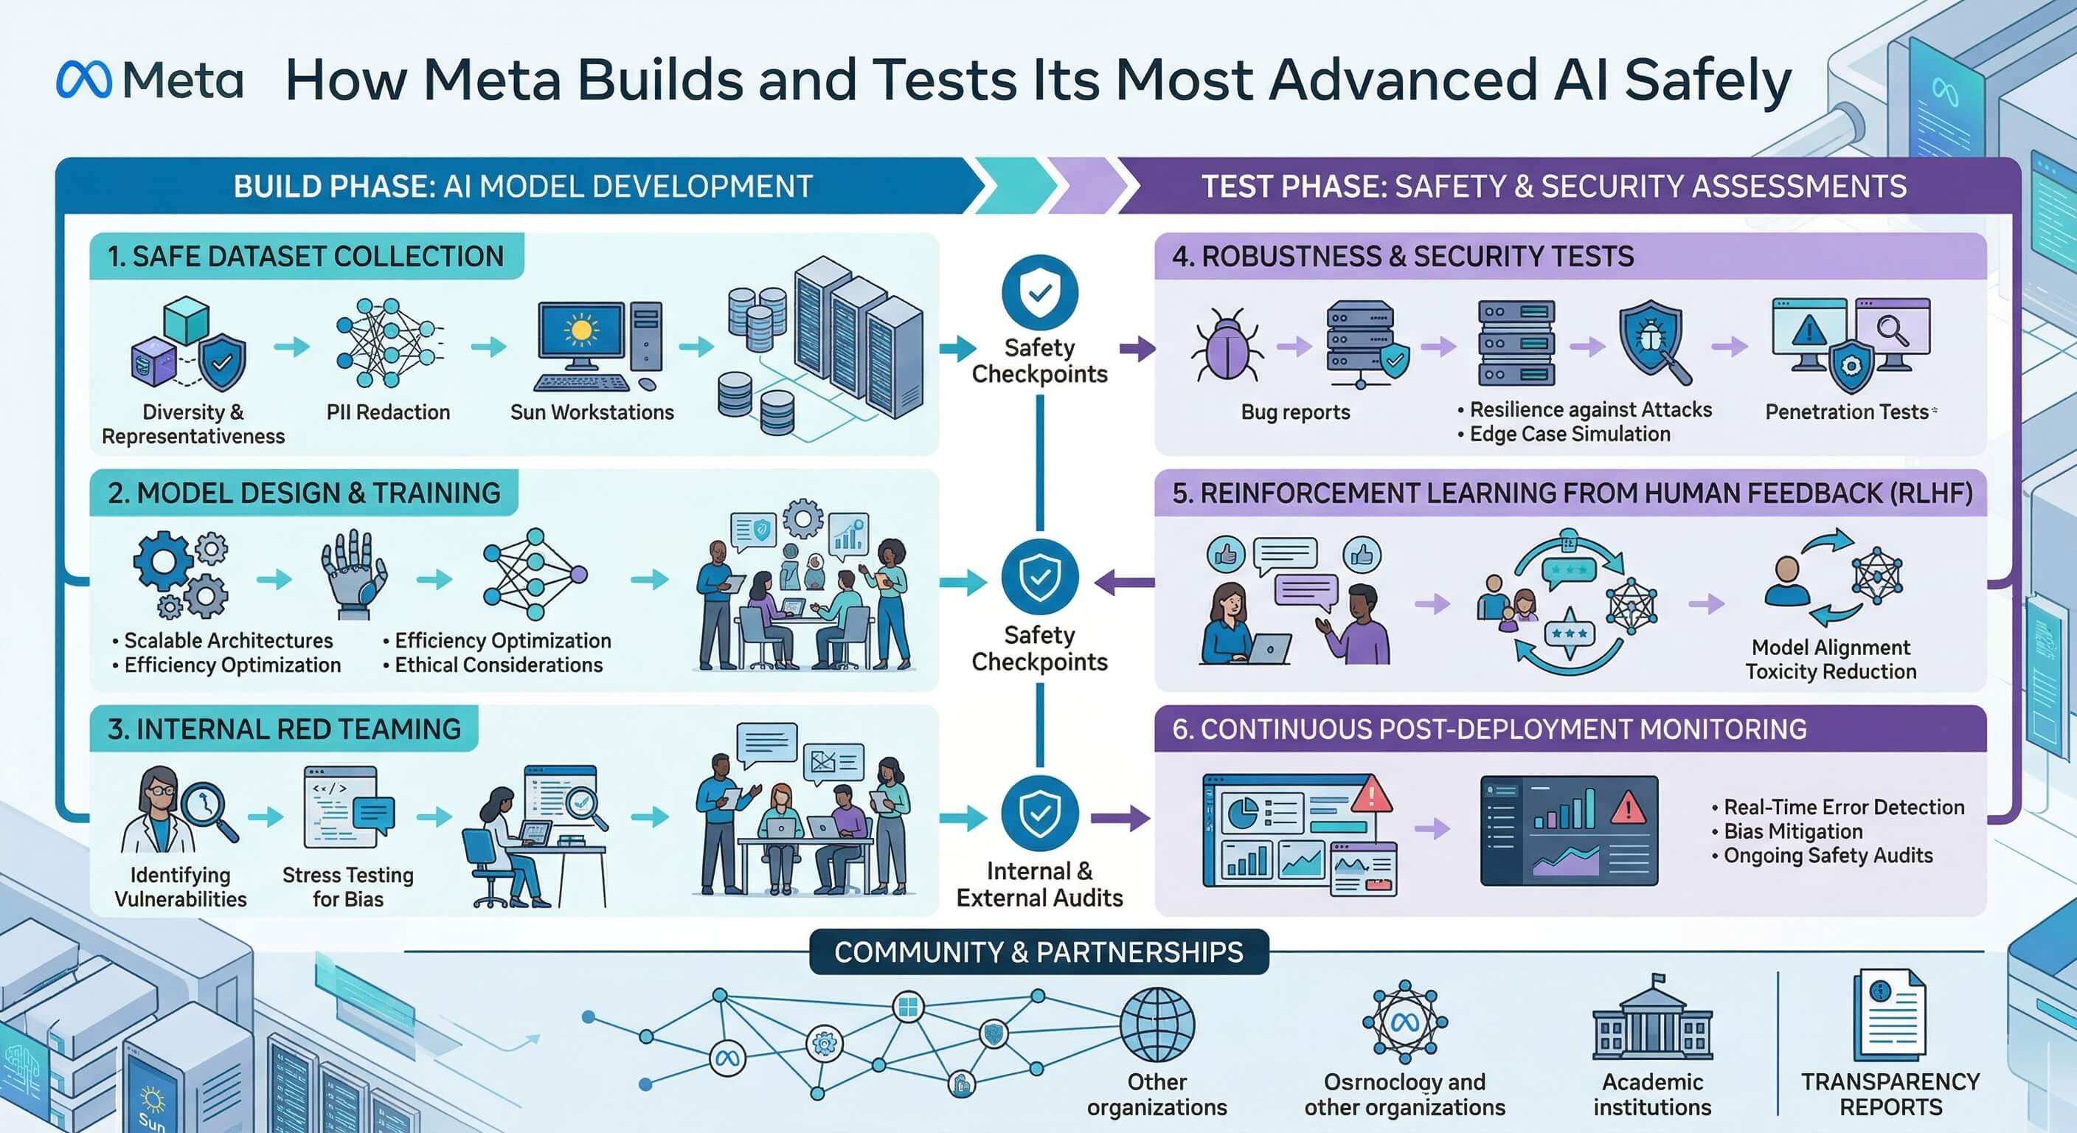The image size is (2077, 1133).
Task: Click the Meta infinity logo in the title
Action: pos(84,80)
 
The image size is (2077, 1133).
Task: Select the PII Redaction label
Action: pos(388,412)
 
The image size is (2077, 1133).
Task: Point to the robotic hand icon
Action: pos(353,572)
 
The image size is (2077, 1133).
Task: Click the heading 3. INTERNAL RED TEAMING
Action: pos(284,729)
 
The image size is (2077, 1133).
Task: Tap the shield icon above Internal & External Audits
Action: pos(1039,814)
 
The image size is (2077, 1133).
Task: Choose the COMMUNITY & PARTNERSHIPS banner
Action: pos(1038,952)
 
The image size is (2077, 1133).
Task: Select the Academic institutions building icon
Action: pos(1652,1019)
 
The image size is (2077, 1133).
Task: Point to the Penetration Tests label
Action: pos(1846,412)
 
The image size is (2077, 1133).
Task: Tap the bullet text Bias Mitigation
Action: pos(1792,831)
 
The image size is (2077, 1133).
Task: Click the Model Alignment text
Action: pos(1830,648)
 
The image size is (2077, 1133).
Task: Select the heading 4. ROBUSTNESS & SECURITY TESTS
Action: pos(1402,257)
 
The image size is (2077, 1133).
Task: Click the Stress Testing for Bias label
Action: pos(347,887)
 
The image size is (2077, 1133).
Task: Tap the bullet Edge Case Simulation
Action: pos(1569,434)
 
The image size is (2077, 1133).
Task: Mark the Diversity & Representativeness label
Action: pos(193,424)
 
